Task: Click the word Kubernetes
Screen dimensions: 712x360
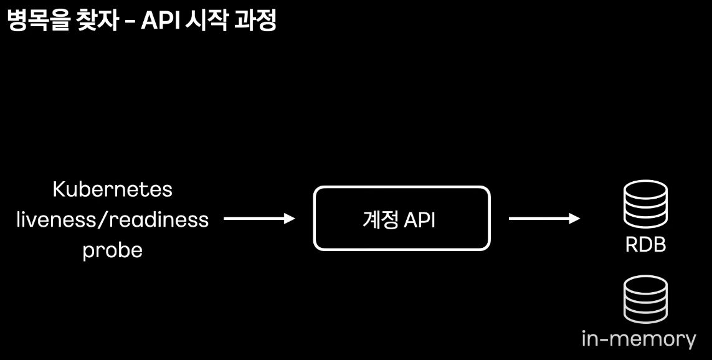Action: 112,189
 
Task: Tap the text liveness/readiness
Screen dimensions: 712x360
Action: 112,219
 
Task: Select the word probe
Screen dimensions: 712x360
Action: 112,250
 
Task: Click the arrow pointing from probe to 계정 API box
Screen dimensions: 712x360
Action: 258,219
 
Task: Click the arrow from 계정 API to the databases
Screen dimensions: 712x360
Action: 544,219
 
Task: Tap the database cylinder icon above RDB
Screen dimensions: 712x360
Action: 645,204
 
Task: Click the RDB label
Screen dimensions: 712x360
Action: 645,245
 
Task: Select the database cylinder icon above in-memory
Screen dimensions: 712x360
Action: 645,301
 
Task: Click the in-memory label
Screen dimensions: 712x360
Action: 638,339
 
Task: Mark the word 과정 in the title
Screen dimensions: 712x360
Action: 256,21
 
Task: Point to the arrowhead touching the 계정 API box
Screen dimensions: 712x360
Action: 288,219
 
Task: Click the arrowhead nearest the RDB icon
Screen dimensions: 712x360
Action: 574,219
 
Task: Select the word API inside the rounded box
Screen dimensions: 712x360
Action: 419,220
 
